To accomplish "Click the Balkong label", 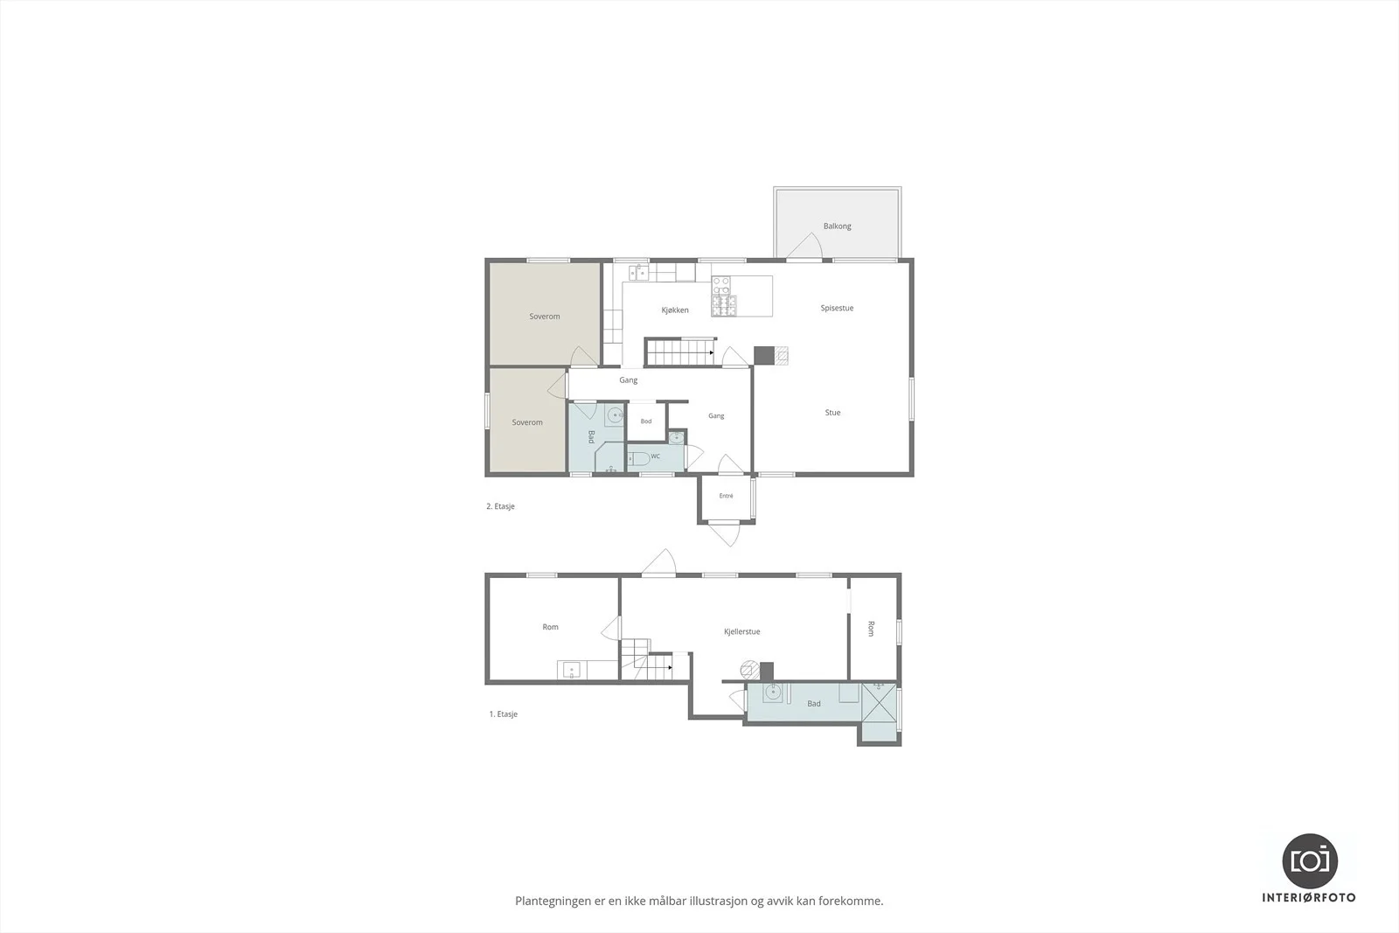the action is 837,226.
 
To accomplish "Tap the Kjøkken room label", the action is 675,310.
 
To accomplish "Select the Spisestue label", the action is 837,308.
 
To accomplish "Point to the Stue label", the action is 832,412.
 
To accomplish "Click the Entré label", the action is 726,496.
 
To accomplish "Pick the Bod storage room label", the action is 646,421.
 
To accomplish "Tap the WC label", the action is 655,456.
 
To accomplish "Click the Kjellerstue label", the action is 742,631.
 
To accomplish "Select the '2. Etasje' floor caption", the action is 500,506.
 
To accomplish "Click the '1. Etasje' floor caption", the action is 504,714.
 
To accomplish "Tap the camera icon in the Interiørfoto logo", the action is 1310,860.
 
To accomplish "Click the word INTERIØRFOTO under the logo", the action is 1309,897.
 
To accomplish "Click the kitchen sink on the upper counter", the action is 638,272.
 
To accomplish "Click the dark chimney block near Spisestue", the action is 764,355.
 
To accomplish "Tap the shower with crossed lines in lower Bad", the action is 879,702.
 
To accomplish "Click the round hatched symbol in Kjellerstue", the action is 748,670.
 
